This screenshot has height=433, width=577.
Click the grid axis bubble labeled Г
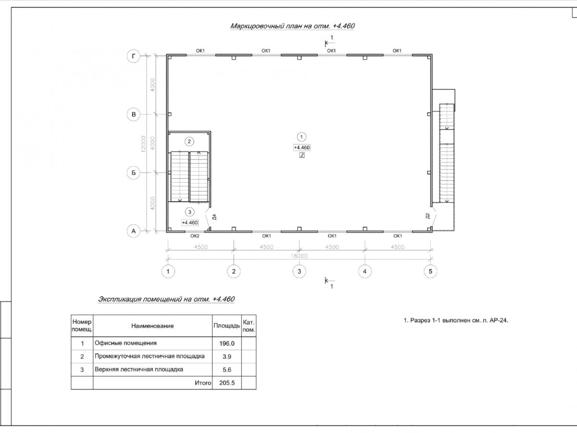point(134,57)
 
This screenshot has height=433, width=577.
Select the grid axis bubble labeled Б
point(134,172)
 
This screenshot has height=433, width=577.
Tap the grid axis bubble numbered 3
point(299,271)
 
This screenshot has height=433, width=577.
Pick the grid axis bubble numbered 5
point(430,271)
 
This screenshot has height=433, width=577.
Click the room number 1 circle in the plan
point(301,137)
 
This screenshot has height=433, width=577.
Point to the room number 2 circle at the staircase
point(189,141)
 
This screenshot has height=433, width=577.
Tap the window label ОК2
point(195,236)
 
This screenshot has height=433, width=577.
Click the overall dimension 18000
point(299,256)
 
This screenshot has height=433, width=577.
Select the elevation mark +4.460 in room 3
point(190,222)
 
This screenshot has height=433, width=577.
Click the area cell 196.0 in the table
point(226,344)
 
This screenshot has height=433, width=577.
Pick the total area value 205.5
point(226,383)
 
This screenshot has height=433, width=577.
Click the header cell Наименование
point(152,326)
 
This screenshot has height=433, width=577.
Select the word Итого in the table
point(203,383)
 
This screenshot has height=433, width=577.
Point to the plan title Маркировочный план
point(292,26)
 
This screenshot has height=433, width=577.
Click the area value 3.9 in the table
point(226,357)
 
